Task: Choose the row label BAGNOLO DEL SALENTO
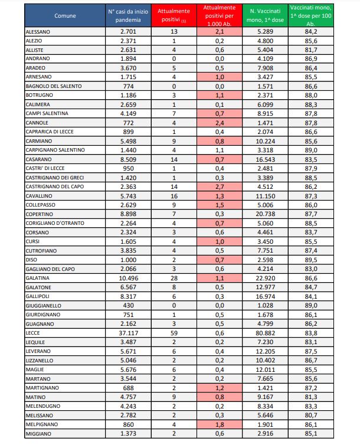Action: (54, 86)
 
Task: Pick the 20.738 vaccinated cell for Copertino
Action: (266, 212)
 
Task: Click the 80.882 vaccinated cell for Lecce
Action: (266, 332)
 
